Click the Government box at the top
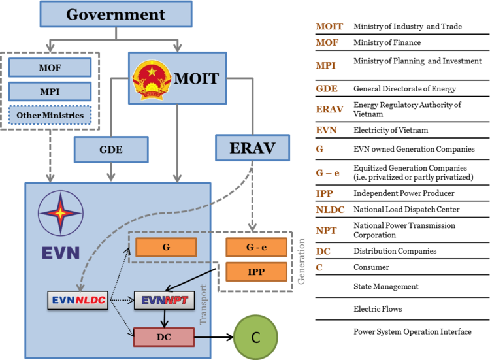tap(116, 14)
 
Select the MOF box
tap(50, 67)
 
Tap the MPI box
tap(50, 91)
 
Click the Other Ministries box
tap(50, 116)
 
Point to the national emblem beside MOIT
tap(151, 80)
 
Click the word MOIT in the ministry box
tap(196, 80)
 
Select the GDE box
tap(111, 150)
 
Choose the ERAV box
tap(252, 148)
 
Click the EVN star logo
tap(60, 213)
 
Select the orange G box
tap(166, 247)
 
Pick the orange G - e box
tap(256, 248)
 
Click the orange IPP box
tap(256, 272)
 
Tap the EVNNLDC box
tap(78, 300)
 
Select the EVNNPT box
tap(164, 300)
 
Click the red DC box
tap(164, 337)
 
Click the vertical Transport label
tap(203, 304)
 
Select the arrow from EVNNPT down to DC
tap(165, 318)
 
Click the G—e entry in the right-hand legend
tap(327, 173)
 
